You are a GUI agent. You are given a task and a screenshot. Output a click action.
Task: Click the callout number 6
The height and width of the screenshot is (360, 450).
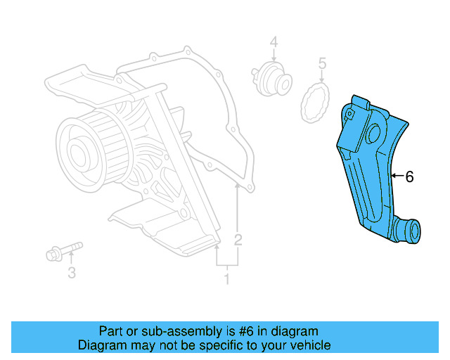409,176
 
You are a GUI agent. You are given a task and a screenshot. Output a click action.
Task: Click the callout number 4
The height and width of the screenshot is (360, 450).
274,42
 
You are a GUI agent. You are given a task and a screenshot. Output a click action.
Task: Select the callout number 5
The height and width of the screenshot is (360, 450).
322,65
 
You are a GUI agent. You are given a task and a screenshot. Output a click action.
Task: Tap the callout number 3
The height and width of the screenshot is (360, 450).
71,273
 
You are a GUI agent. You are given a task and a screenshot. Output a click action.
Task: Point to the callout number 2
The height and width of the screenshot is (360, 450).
238,240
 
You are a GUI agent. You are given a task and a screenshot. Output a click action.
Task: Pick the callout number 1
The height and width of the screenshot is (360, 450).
226,280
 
